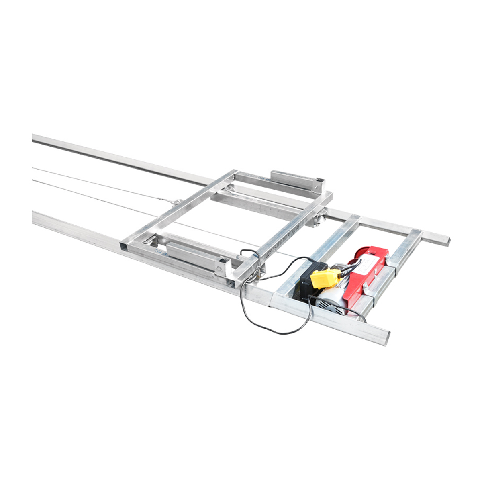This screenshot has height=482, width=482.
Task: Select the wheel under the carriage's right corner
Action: click(319, 219)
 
